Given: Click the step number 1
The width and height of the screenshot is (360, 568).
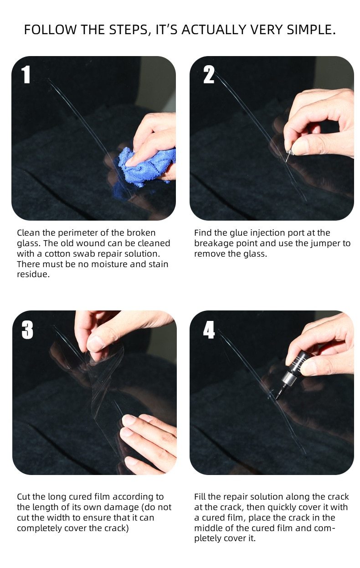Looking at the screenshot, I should (x=26, y=75).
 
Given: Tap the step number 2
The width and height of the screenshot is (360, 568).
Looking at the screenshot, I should (x=209, y=75).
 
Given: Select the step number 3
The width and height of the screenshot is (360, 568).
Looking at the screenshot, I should (x=27, y=330).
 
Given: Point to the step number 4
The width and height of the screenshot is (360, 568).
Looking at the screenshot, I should (x=209, y=330).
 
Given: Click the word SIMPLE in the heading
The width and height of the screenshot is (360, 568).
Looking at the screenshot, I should (x=312, y=30).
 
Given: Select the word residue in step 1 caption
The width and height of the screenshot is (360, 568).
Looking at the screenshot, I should (x=32, y=275).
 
